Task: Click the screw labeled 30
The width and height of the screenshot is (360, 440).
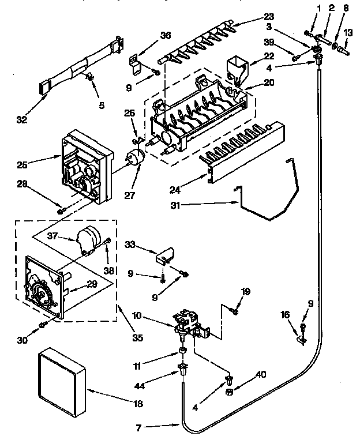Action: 44,325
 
